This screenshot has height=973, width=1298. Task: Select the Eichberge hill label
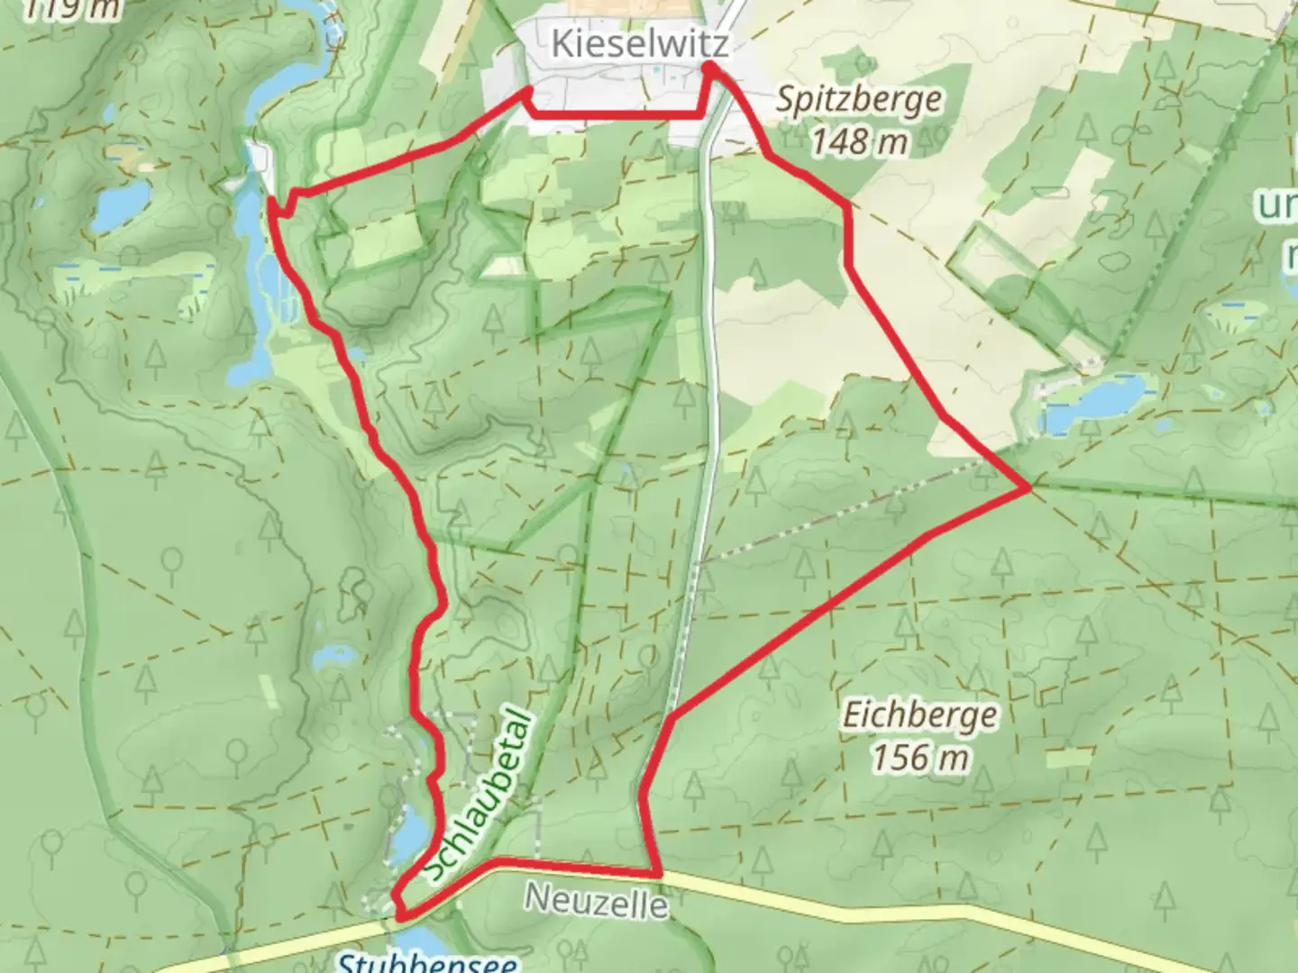click(x=919, y=716)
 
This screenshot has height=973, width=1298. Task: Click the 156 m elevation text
click(x=919, y=757)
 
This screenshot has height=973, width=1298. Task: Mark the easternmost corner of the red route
click(x=1028, y=487)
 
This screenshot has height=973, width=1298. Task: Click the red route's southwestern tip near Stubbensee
click(x=397, y=915)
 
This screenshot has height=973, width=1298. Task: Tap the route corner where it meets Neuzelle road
click(x=661, y=874)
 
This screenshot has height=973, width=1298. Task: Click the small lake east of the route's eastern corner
click(x=1095, y=402)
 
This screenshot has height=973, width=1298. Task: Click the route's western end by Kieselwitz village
click(x=527, y=91)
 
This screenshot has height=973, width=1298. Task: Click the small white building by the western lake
click(x=259, y=159)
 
